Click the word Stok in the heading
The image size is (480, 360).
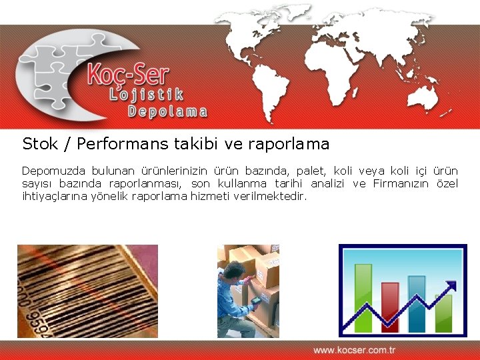tap(39, 144)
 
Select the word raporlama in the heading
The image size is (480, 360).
tap(289, 144)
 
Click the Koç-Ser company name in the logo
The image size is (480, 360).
tap(128, 75)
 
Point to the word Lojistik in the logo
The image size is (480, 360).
tap(146, 95)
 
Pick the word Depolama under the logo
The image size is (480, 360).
tap(167, 111)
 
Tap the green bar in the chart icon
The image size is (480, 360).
tap(363, 297)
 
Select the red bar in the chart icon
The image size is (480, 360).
tap(390, 307)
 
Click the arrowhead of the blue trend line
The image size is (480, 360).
tap(453, 286)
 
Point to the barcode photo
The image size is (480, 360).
tap(87, 291)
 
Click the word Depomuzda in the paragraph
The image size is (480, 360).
tap(50, 171)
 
